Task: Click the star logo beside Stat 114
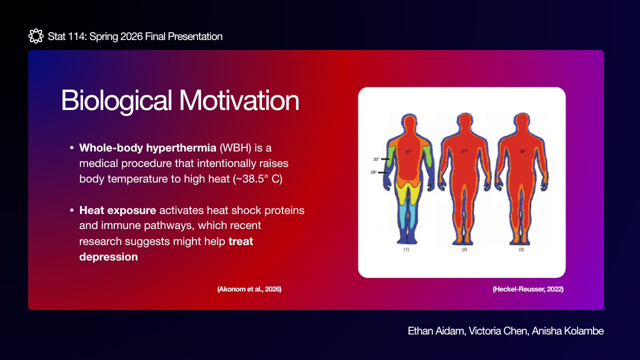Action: pyautogui.click(x=36, y=36)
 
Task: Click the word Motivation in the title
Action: pyautogui.click(x=239, y=100)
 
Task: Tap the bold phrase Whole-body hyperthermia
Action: pyautogui.click(x=147, y=148)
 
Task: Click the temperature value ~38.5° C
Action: pyautogui.click(x=257, y=179)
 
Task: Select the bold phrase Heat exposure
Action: pyautogui.click(x=117, y=210)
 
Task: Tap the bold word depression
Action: pyautogui.click(x=108, y=257)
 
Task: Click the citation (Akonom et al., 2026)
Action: pyautogui.click(x=249, y=289)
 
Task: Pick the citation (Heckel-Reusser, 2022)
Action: pyautogui.click(x=528, y=289)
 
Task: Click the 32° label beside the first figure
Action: pyautogui.click(x=376, y=159)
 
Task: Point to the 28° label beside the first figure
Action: pyautogui.click(x=373, y=172)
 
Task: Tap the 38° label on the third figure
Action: pyautogui.click(x=522, y=151)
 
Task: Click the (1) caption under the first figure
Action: pyautogui.click(x=406, y=249)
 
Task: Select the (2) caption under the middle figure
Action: pyautogui.click(x=464, y=249)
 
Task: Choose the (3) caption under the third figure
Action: pyautogui.click(x=521, y=249)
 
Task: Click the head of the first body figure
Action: pyautogui.click(x=409, y=122)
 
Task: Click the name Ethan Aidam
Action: pyautogui.click(x=437, y=331)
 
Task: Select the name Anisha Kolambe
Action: pyautogui.click(x=567, y=331)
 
